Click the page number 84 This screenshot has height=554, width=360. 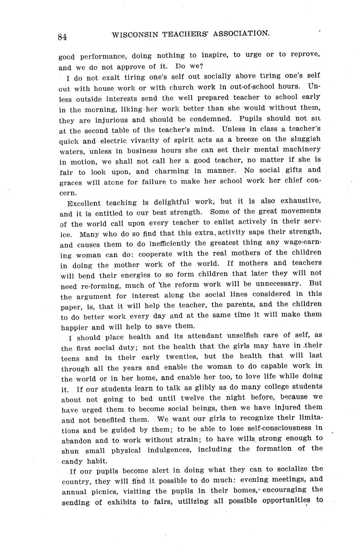(x=62, y=37)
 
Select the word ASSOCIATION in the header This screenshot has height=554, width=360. (x=241, y=34)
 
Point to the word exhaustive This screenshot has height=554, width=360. (x=301, y=200)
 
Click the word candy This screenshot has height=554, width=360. (x=72, y=461)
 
